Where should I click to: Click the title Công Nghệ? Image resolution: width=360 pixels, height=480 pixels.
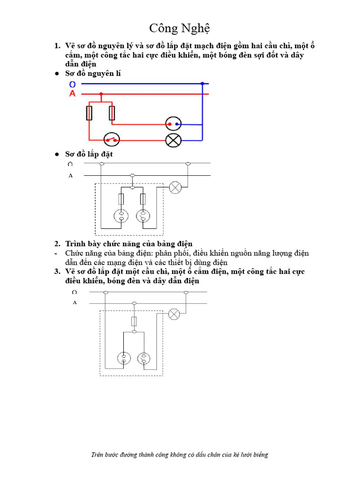pos(180,28)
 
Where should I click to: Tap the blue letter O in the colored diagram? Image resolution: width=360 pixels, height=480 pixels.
pos(72,84)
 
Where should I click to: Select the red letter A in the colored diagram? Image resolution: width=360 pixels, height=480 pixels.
pos(72,94)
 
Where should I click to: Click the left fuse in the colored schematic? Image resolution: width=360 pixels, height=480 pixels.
pos(89,113)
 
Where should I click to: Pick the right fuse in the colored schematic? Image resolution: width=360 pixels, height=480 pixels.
pos(112,113)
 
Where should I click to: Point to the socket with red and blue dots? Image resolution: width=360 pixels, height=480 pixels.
pos(173,124)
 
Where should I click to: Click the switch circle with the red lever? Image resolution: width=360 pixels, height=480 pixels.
pos(112,139)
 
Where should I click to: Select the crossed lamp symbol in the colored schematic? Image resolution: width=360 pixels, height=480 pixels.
pos(173,140)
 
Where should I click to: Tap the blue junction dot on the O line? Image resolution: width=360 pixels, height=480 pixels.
pos(202,84)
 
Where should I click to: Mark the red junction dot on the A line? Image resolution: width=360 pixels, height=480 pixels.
pos(101,94)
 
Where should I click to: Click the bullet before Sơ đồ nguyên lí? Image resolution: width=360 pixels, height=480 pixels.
pos(56,74)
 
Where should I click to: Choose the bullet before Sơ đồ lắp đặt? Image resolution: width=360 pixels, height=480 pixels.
pos(56,154)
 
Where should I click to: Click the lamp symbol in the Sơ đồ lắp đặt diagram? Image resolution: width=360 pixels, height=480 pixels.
pos(175,187)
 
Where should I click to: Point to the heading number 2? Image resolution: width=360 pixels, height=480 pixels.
pos(57,244)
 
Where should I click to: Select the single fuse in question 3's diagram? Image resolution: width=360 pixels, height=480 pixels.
pos(134,321)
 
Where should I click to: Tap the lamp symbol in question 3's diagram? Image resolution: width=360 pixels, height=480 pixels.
pos(174,314)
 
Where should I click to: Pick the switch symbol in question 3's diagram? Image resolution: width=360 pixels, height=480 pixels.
pos(144,359)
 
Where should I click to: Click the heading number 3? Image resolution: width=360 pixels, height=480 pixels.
pos(57,272)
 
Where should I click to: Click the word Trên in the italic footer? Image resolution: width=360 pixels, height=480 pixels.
pos(98,455)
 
